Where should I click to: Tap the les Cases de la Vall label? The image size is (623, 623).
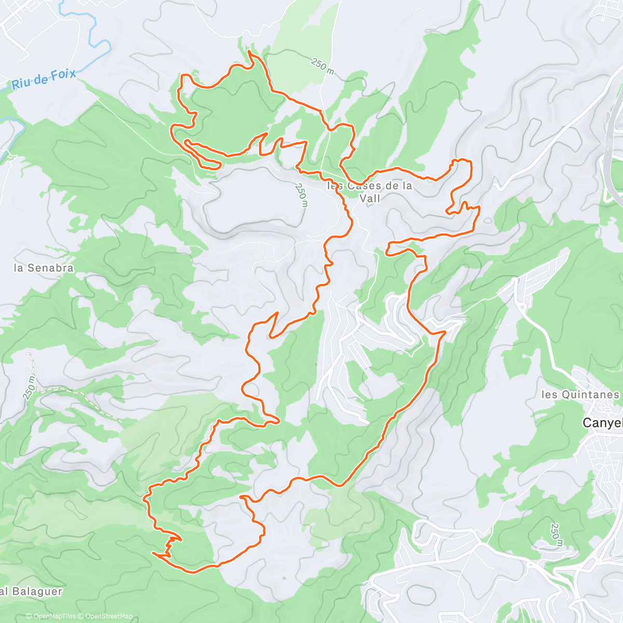pos(370,192)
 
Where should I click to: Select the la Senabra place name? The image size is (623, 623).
pos(44,268)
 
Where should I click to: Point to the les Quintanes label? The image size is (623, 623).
pos(580,395)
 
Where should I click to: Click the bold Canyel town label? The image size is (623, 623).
pos(602,423)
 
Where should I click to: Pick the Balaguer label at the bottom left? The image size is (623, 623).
pos(34,591)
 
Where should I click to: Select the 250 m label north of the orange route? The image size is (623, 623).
pos(322,66)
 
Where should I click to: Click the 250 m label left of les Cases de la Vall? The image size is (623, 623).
pos(302,195)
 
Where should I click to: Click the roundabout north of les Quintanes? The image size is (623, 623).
pos(522,307)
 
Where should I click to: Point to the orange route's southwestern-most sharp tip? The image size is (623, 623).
pos(153,553)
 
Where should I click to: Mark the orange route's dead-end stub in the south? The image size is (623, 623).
pos(241,497)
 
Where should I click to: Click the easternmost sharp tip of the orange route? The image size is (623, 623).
pos(479,207)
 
